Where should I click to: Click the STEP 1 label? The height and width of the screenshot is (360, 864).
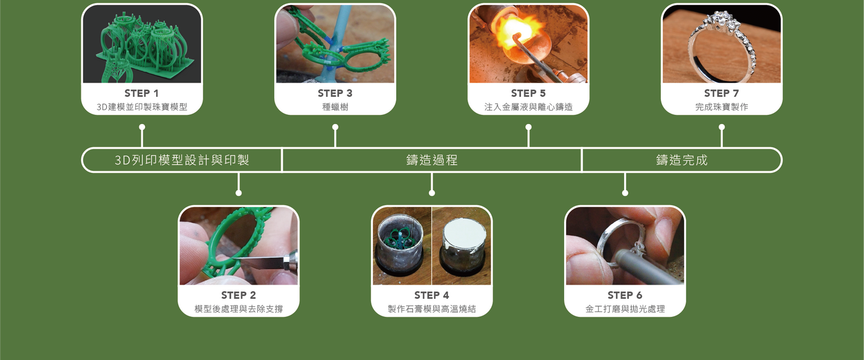(x=141, y=93)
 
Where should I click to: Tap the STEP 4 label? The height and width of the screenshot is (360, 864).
(x=431, y=295)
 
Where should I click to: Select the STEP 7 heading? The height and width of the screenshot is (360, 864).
(x=721, y=93)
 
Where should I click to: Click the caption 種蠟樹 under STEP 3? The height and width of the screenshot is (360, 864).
(x=335, y=107)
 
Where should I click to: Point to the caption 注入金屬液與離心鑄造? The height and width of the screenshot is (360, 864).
(x=528, y=107)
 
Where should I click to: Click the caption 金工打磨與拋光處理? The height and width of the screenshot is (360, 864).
(x=625, y=309)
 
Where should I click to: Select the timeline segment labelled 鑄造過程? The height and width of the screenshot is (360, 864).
(x=431, y=160)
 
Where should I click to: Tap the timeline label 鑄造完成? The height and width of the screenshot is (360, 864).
(x=681, y=160)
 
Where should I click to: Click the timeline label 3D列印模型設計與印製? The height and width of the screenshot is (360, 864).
(x=182, y=160)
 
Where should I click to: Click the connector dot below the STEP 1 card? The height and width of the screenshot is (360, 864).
(x=142, y=127)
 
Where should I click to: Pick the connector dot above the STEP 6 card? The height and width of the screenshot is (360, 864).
(x=625, y=193)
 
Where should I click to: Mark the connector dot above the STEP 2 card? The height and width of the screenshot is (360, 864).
(x=238, y=193)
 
